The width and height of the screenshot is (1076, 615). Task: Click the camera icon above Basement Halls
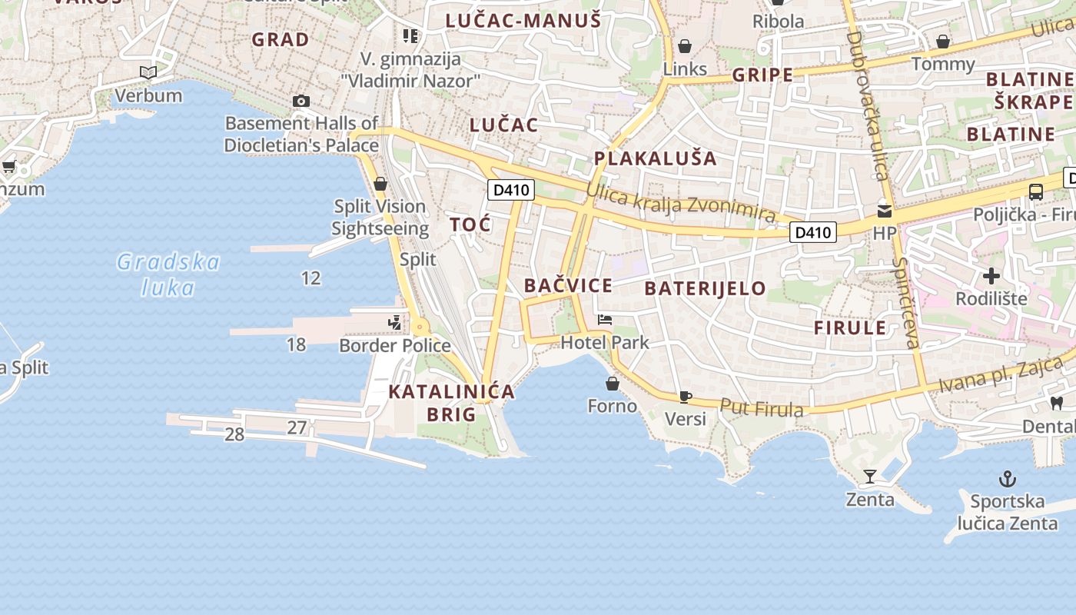tap(301, 101)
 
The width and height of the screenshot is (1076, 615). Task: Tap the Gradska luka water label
tap(168, 274)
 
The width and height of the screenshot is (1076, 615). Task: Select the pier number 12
tap(311, 278)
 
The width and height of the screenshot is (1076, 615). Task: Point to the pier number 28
tap(234, 435)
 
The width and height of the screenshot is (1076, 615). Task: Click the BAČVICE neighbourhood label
tap(568, 286)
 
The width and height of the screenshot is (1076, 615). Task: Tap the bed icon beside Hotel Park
tap(606, 319)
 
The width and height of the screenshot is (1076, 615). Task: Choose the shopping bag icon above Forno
tap(613, 383)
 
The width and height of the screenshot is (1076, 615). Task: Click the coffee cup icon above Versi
tap(685, 397)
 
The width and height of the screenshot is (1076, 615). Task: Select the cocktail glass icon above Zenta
tap(869, 477)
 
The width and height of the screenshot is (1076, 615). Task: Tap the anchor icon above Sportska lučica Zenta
tap(1007, 479)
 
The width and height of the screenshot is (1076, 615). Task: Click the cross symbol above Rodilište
tap(991, 275)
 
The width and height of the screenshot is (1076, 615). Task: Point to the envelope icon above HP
tap(885, 210)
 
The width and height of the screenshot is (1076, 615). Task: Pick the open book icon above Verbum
tap(148, 72)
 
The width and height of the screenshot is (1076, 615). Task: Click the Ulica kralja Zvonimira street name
tap(680, 203)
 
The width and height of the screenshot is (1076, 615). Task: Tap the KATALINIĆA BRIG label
tap(451, 403)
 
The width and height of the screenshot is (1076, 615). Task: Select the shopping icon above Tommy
tap(943, 42)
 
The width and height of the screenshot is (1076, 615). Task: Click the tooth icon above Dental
tap(1057, 402)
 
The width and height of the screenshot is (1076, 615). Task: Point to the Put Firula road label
tap(762, 408)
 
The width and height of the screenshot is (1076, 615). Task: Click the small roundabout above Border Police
tap(420, 327)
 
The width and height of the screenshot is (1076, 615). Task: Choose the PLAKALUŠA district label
tap(655, 159)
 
